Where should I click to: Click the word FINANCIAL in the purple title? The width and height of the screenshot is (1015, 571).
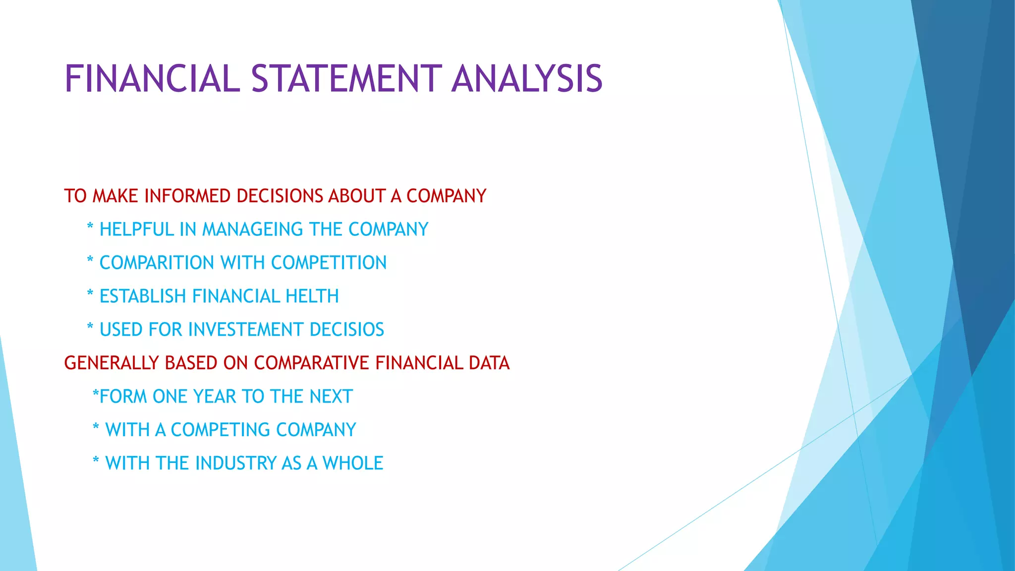[x=152, y=79]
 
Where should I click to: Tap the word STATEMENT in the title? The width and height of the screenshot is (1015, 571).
[x=346, y=79]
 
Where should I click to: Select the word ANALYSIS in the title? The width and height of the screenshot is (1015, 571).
[x=527, y=79]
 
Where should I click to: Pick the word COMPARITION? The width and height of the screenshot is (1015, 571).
[x=157, y=263]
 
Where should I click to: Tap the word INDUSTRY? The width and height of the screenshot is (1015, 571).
[x=235, y=463]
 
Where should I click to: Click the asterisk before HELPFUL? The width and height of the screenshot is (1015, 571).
[x=90, y=228]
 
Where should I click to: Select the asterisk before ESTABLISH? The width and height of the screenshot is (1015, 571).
[x=90, y=294]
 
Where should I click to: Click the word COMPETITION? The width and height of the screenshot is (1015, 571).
[x=329, y=263]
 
